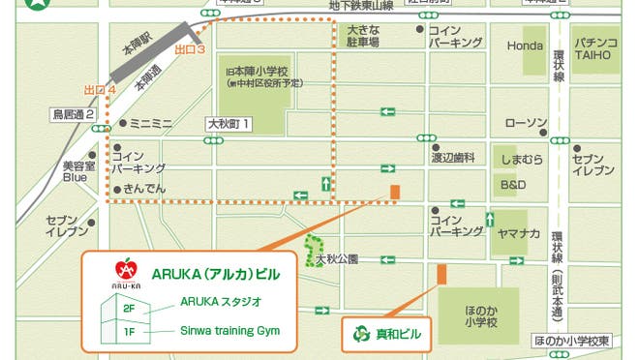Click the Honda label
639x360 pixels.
(526, 45)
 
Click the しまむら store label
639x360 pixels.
(521, 159)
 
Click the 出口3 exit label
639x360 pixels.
(190, 48)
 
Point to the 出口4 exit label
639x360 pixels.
(99, 90)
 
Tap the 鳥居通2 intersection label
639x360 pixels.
(73, 114)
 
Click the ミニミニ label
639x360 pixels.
(149, 124)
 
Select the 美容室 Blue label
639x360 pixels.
(75, 171)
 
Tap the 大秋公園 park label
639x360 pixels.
(337, 258)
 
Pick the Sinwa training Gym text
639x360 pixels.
(229, 330)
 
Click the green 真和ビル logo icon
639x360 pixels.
(361, 335)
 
